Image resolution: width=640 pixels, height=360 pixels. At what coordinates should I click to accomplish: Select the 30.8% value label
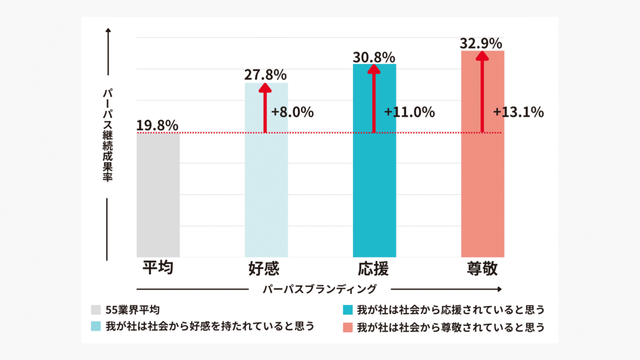(374, 57)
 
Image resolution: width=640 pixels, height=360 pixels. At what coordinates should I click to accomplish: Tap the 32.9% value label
(482, 43)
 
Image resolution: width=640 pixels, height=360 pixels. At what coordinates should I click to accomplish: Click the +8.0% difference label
(292, 113)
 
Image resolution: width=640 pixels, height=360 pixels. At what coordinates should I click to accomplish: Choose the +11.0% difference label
(410, 113)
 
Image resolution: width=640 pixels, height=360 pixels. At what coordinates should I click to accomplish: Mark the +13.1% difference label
(518, 113)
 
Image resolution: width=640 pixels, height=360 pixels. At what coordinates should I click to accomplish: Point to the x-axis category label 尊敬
(482, 268)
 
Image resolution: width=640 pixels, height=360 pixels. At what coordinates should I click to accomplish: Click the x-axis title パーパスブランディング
(320, 289)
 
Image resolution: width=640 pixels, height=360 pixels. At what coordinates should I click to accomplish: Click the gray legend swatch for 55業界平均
(96, 310)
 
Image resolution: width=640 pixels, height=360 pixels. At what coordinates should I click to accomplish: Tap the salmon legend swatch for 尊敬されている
(348, 326)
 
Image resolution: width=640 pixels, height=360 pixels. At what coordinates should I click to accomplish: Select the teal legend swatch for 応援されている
(348, 310)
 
